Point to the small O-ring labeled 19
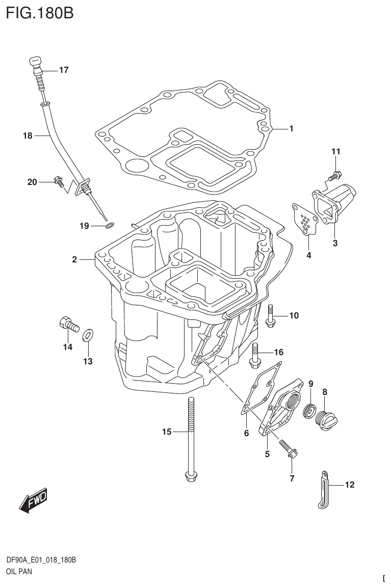click(110, 225)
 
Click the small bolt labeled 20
click(58, 180)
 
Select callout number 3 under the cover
click(335, 244)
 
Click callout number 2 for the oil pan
click(74, 260)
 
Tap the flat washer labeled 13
click(88, 335)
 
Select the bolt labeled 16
click(254, 355)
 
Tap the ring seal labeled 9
click(309, 410)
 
